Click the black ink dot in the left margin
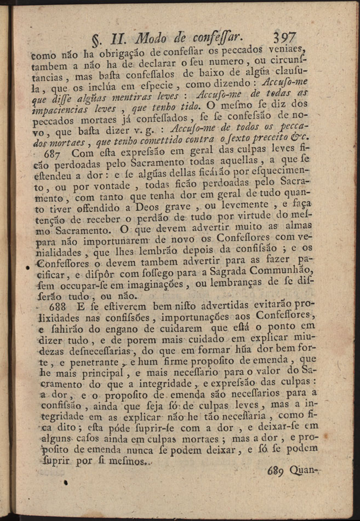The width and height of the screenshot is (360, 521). click(27, 268)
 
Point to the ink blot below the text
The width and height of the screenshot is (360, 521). click(65, 483)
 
